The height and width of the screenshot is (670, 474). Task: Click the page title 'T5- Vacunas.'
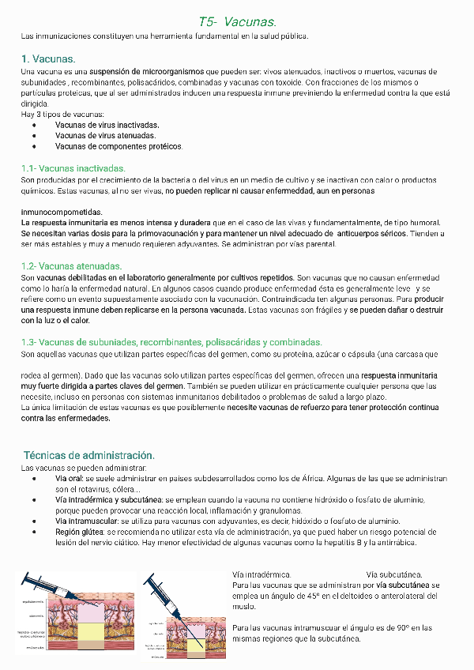click(x=237, y=22)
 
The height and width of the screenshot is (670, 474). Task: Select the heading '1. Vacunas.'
click(x=49, y=59)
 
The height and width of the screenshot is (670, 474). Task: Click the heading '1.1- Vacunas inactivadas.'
click(x=73, y=168)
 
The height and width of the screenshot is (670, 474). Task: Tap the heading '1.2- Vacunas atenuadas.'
click(x=70, y=266)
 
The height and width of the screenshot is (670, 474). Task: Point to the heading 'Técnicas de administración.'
click(x=88, y=455)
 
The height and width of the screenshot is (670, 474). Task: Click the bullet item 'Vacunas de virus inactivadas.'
click(x=107, y=125)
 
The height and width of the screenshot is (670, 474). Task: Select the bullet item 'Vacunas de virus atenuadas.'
click(x=105, y=135)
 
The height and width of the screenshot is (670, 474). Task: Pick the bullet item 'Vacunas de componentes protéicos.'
click(x=118, y=146)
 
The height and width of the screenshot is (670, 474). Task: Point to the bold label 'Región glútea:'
click(x=79, y=533)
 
